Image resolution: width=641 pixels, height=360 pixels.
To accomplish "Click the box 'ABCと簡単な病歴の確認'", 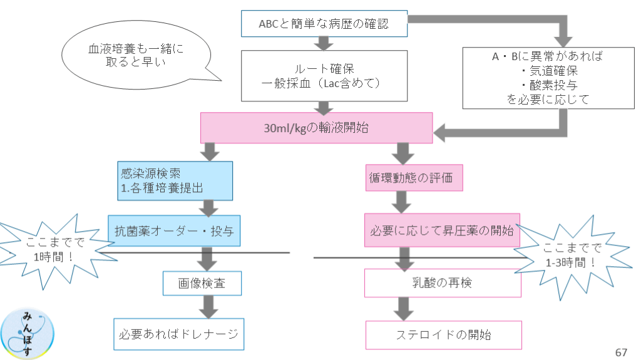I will [x=324, y=23].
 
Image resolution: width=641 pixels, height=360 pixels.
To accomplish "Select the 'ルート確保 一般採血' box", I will [x=324, y=75].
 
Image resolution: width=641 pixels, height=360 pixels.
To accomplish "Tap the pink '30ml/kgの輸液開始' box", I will [x=317, y=128].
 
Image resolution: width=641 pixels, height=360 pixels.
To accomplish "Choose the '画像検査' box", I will [x=202, y=283].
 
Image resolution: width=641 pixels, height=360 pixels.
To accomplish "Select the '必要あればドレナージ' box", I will [x=179, y=334].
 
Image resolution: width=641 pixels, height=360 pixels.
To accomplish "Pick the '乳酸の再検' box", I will [x=443, y=283].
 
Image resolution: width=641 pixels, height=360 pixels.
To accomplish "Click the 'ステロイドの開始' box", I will [x=443, y=334].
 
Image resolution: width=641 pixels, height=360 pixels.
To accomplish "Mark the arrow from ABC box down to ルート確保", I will [x=324, y=43].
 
